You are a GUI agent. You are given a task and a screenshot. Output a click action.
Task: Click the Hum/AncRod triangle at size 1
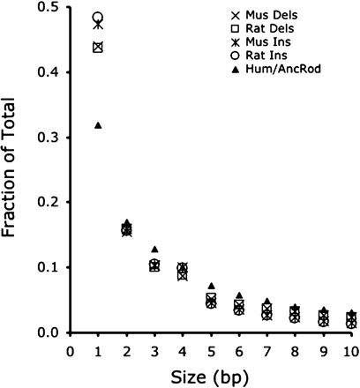(98, 125)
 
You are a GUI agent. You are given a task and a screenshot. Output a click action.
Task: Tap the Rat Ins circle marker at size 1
(98, 17)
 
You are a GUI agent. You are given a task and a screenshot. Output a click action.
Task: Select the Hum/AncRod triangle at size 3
(154, 250)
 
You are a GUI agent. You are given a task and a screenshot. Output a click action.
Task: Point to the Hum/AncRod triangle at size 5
(211, 286)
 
